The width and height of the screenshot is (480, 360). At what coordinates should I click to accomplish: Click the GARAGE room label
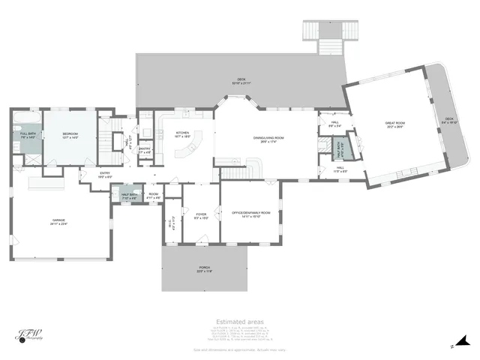click(x=59, y=222)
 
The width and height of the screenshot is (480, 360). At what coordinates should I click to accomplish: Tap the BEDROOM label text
click(x=69, y=135)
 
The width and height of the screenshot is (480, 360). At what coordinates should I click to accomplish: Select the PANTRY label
click(x=145, y=148)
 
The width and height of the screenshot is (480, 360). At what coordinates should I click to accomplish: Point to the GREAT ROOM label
click(x=395, y=125)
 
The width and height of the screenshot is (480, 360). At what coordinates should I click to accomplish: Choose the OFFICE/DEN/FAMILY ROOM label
click(x=250, y=214)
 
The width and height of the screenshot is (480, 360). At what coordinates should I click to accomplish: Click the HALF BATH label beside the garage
click(x=128, y=195)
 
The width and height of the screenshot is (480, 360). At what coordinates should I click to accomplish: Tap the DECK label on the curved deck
click(x=448, y=120)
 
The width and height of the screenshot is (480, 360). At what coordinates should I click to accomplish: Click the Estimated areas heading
click(x=240, y=322)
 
